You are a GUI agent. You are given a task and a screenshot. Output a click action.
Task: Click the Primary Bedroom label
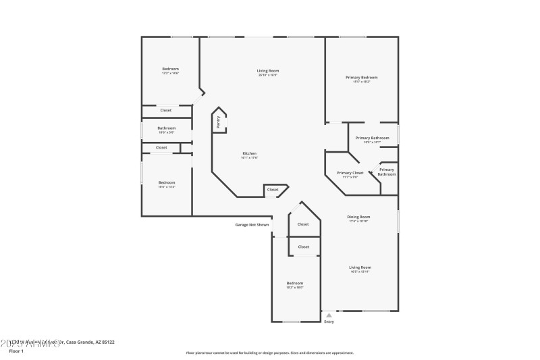coord(361,78)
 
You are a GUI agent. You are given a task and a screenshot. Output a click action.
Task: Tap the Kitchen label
coord(249,153)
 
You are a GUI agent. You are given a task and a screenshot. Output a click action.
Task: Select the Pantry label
coord(219,122)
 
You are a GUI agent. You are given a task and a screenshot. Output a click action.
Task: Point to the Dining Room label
coord(358,217)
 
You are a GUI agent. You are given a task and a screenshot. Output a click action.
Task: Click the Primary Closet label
coord(350,173)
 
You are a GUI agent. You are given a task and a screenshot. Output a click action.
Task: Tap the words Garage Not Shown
coord(252,225)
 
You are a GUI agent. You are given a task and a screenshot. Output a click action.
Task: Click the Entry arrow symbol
coord(329,315)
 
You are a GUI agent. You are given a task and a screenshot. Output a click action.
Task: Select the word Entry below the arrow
coord(329,322)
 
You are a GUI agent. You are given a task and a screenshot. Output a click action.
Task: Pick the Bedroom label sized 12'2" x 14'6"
coord(170,69)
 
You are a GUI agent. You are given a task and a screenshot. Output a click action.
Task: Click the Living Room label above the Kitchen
coord(267,70)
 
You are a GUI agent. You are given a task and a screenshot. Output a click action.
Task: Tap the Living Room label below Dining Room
coord(360,267)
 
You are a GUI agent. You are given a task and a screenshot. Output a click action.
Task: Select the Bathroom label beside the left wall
coord(166,128)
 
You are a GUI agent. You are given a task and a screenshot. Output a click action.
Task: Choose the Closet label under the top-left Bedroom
coord(165,110)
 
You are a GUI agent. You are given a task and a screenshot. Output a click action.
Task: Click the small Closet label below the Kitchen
coord(273,190)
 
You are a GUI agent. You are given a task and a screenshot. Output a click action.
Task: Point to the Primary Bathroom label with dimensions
coord(372,138)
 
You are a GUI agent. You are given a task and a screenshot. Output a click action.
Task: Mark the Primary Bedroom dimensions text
coord(361,82)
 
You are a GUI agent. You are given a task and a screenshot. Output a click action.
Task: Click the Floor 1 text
coord(16,351)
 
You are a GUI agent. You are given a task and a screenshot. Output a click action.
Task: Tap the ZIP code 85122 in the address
coord(107,342)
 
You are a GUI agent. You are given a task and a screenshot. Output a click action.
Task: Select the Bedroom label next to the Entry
coord(294,283)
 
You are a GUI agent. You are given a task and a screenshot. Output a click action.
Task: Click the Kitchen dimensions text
coord(249,158)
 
